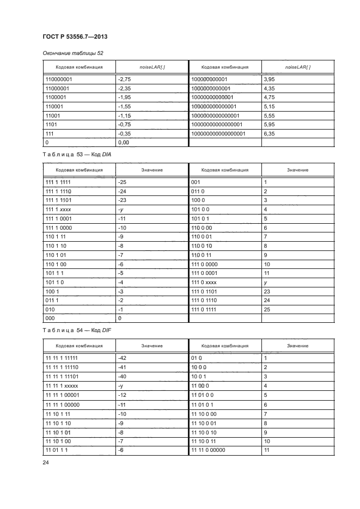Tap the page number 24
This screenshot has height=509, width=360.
[46, 463]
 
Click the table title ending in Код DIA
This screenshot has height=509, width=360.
[77, 155]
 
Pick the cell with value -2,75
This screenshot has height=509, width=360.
[126, 79]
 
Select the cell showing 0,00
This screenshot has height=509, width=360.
[124, 143]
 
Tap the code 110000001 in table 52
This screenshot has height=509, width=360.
[62, 79]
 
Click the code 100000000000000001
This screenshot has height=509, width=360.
[217, 132]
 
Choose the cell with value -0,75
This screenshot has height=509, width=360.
[126, 124]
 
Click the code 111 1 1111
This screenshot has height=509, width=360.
[58, 183]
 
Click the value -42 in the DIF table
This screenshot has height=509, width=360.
[123, 358]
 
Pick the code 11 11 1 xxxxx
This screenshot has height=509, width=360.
[62, 385]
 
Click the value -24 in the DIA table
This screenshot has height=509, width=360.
[123, 192]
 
